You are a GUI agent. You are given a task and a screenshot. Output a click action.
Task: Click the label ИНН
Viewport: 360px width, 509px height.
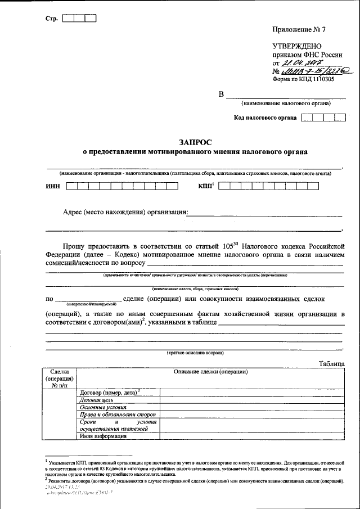(52, 186)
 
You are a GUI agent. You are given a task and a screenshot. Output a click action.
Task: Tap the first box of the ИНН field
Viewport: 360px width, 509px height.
(71, 186)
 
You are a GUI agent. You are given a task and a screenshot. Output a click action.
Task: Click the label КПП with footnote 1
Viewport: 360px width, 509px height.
(206, 185)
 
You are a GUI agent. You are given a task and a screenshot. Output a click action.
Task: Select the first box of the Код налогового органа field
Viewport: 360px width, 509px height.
(307, 118)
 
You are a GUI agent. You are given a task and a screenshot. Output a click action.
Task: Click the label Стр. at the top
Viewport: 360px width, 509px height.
(52, 18)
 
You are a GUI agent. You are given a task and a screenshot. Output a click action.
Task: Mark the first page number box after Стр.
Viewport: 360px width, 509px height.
(67, 18)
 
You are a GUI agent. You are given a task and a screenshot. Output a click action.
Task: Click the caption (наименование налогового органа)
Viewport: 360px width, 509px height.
(286, 103)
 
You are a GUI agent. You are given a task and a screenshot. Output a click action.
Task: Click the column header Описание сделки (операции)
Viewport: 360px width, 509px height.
(211, 372)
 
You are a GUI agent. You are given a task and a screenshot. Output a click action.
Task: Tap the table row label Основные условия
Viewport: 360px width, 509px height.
(103, 407)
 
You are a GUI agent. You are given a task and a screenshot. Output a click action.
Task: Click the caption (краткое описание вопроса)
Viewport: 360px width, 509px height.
(195, 353)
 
